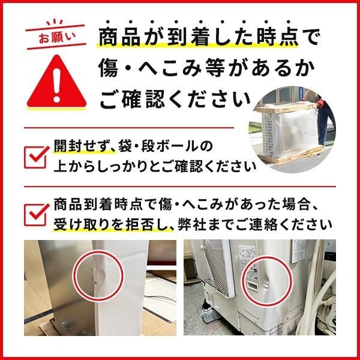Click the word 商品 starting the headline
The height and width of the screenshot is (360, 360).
pos(118,38)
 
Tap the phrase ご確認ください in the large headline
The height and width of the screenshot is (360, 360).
pos(174,99)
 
